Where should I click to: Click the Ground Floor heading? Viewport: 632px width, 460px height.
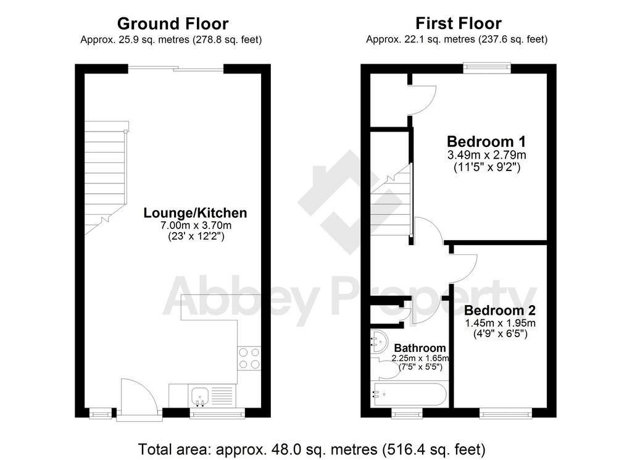click(173, 24)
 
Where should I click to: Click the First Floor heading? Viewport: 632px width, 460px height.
click(459, 23)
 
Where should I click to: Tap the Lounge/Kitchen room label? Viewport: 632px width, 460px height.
click(195, 213)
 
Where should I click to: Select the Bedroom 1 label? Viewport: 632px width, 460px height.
click(486, 141)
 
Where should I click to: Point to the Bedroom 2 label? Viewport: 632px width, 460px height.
click(500, 311)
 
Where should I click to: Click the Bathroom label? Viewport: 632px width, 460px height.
click(420, 348)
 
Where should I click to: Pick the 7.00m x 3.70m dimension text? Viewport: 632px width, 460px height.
click(196, 225)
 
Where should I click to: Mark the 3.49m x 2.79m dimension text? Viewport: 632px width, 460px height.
click(486, 154)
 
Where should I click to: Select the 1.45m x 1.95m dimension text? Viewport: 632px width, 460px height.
click(500, 323)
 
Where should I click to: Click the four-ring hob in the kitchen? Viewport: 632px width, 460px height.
click(249, 358)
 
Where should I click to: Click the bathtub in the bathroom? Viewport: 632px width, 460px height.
click(410, 395)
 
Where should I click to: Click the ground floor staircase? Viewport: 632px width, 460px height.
click(106, 178)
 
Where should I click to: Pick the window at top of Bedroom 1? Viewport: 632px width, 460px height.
click(487, 68)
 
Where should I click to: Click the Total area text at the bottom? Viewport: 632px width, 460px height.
click(312, 449)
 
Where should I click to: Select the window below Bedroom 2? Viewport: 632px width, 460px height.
click(505, 413)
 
